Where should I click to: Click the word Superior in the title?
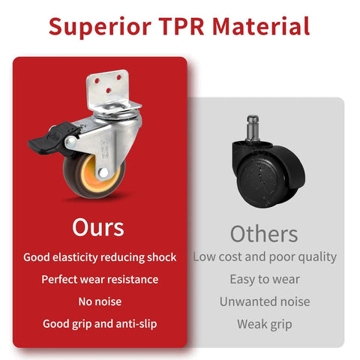pos(100,27)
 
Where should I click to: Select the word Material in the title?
pos(261,26)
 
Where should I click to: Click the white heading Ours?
pos(98,227)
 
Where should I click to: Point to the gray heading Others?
pos(264,233)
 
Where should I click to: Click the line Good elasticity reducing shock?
pos(100,257)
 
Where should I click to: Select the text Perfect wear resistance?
pos(100,280)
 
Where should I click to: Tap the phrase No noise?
pos(100,301)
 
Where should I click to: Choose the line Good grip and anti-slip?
pos(100,324)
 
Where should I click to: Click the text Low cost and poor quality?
pos(265,257)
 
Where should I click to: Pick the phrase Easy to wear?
pos(265,280)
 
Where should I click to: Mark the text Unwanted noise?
pos(265,301)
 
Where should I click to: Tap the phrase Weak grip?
pos(265,325)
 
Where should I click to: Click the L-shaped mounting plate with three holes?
pos(110,91)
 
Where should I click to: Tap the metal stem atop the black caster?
pos(253,128)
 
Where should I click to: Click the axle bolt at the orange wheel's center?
pos(103,172)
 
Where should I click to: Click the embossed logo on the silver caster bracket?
pos(105,149)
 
